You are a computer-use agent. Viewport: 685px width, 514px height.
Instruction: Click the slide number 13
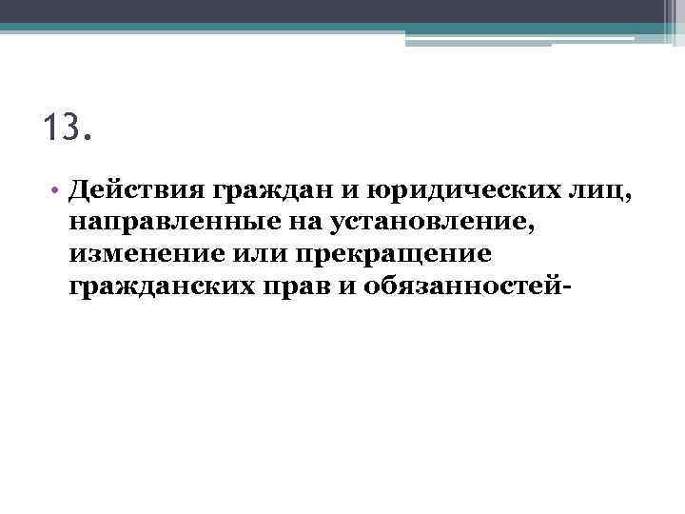(x=68, y=127)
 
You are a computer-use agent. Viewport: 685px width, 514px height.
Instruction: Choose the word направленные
(x=167, y=224)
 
